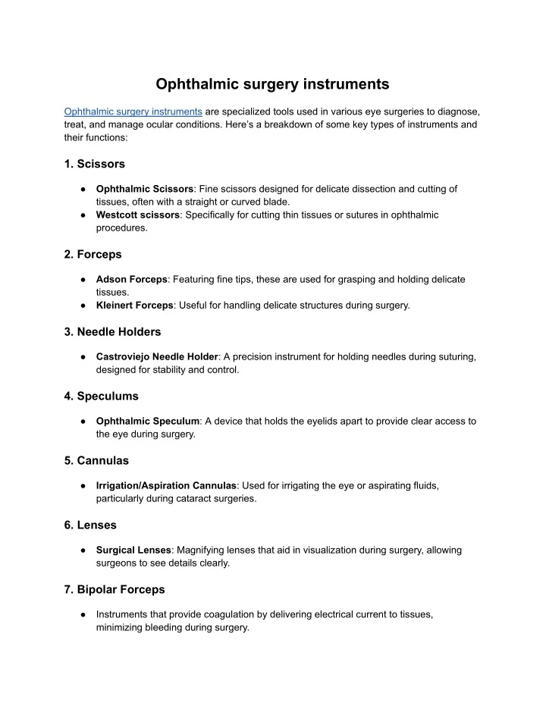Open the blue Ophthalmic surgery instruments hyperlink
click(133, 111)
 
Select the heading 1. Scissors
click(95, 163)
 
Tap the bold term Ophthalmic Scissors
click(145, 188)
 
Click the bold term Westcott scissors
click(138, 215)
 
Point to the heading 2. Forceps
click(93, 254)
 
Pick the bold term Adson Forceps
click(132, 279)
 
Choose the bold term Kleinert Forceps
click(134, 306)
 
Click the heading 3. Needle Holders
click(112, 331)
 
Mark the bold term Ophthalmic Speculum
click(147, 421)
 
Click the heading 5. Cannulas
click(96, 460)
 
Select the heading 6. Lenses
click(91, 525)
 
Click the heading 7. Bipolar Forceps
click(115, 589)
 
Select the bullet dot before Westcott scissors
click(81, 215)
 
